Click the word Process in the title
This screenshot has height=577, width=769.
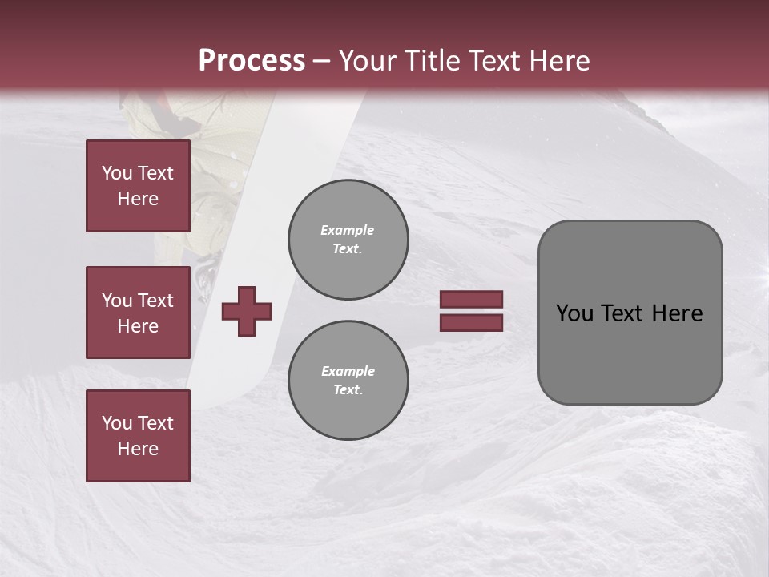252,61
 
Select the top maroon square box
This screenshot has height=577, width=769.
138,186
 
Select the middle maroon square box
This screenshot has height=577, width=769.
138,313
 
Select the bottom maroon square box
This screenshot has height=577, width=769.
138,435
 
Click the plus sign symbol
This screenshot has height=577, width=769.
247,311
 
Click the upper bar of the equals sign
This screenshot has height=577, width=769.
471,300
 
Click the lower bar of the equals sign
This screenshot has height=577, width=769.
471,322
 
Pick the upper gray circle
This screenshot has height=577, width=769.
348,240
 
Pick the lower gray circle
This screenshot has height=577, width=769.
348,381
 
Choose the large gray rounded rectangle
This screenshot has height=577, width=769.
630,313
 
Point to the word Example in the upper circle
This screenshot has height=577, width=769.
348,230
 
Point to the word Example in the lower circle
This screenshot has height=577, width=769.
348,371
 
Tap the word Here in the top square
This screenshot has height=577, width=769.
138,199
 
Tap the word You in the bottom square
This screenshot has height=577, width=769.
117,423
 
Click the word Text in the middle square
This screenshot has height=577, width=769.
155,301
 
